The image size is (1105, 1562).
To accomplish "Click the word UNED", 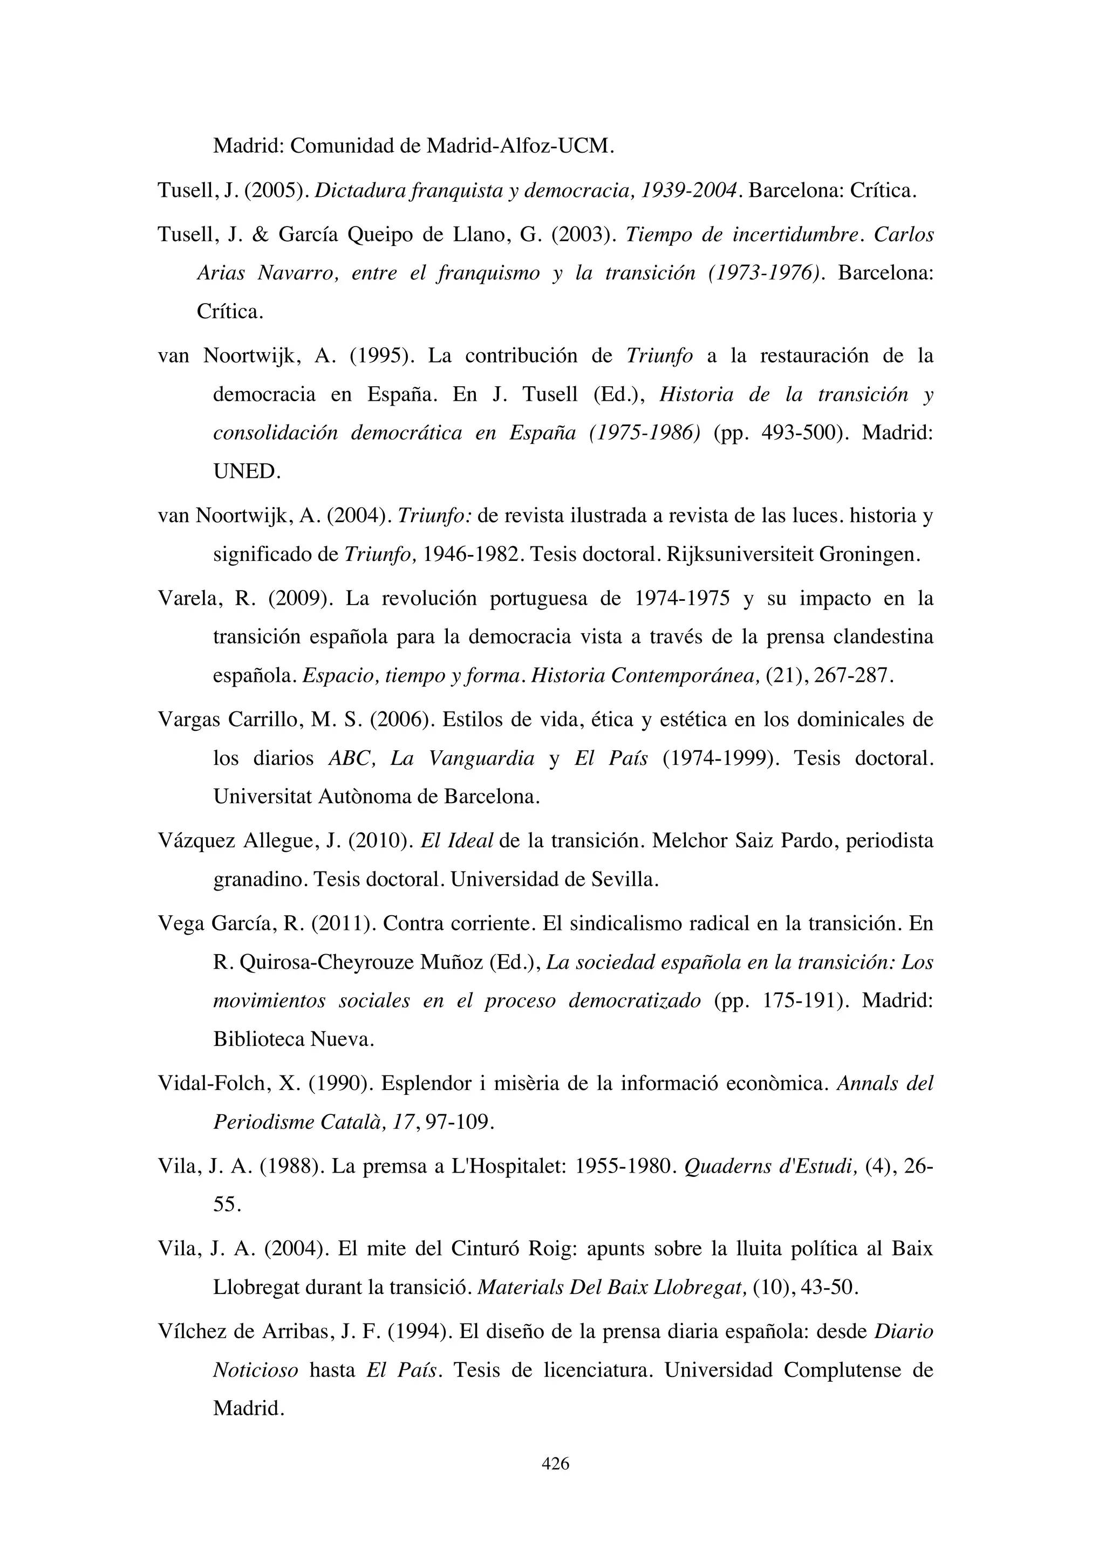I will pyautogui.click(x=247, y=471).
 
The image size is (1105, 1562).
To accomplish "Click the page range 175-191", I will pyautogui.click(x=805, y=1001).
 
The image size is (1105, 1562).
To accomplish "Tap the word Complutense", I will pyautogui.click(x=842, y=1369).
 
